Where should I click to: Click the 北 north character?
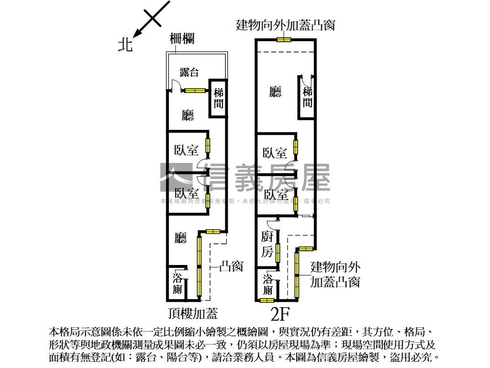[x=125, y=45]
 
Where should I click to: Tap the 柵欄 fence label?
[x=182, y=39]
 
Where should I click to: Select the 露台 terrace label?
[x=189, y=72]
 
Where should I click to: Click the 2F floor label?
[x=280, y=314]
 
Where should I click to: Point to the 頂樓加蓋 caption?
[x=193, y=313]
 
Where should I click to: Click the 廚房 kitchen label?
[x=267, y=244]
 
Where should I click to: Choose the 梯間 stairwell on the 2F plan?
[x=308, y=97]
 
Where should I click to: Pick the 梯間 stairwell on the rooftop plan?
[x=219, y=98]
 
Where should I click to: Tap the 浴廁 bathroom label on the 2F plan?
[x=268, y=285]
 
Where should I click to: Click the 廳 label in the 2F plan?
[x=275, y=92]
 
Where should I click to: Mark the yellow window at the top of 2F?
[x=284, y=39]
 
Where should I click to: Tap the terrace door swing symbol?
[x=176, y=85]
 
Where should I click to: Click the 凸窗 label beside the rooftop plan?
[x=231, y=266]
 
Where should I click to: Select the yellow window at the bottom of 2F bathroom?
[x=267, y=300]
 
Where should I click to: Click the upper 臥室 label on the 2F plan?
[x=275, y=153]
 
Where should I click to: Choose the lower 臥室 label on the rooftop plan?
[x=187, y=194]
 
